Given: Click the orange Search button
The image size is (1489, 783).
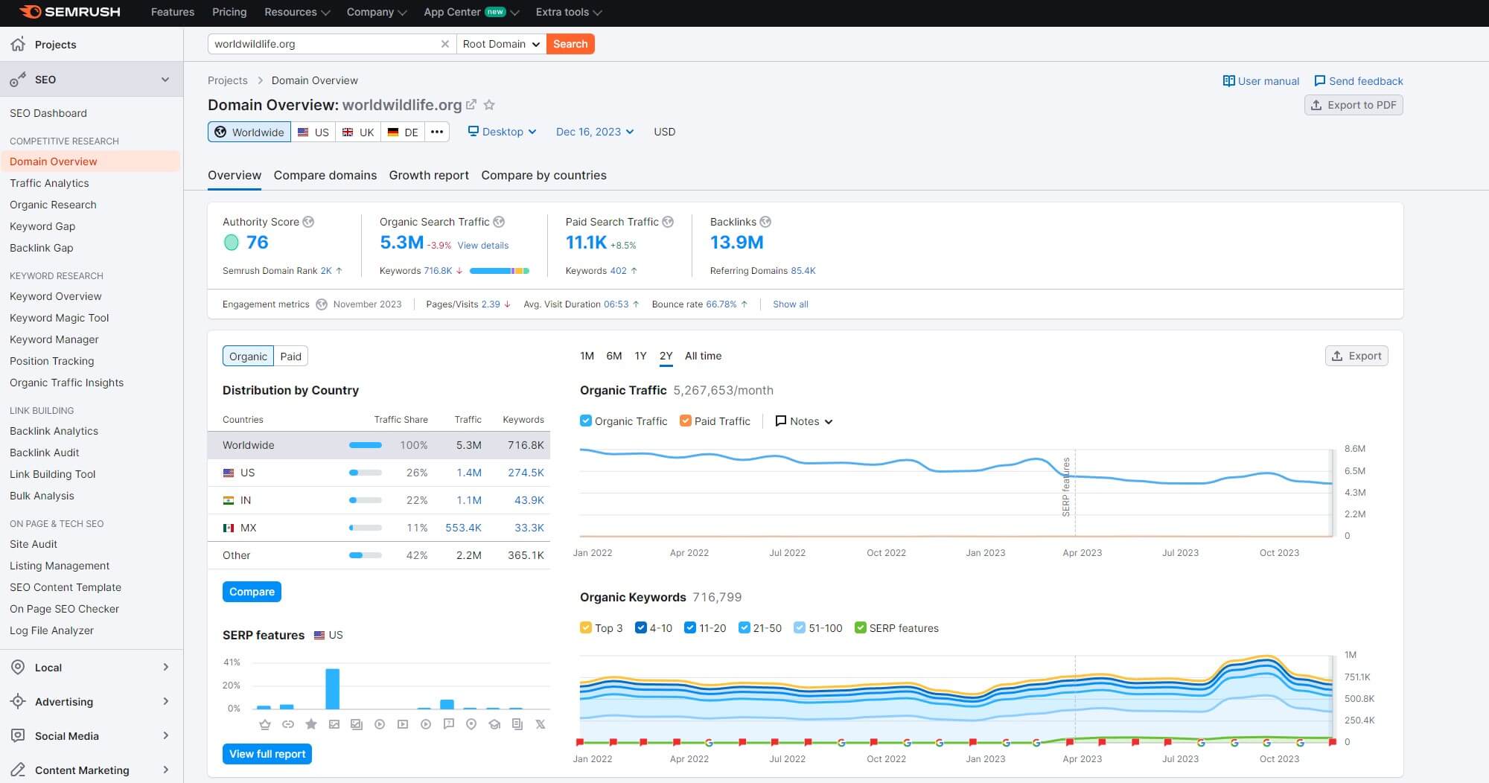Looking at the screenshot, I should tap(570, 44).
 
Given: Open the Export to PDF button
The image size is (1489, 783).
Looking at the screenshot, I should tap(1354, 105).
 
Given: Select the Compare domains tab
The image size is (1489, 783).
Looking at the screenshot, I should tap(325, 175).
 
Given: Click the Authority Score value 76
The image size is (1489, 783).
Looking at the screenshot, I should tap(257, 242).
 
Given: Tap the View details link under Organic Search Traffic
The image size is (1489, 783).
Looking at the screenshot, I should tap(482, 245).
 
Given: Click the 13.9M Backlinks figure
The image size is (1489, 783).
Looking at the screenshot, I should tap(736, 242).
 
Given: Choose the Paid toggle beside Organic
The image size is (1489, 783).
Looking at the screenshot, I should tap(290, 357).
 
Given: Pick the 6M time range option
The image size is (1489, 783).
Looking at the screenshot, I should tap(613, 356).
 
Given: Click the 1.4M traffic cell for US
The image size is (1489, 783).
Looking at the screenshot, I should tap(469, 473).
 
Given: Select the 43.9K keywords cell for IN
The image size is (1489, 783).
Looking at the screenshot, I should tap(529, 500).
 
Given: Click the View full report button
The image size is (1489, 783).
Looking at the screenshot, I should tap(267, 754).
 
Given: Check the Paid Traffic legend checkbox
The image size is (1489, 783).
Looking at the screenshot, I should tap(686, 421).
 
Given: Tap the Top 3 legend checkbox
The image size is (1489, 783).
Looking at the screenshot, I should tap(586, 628).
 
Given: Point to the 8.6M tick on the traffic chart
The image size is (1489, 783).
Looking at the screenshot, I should tap(1354, 449).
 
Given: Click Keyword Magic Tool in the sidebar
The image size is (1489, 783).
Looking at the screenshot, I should tap(59, 318).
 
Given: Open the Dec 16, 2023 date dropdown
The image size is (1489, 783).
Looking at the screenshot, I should tap(594, 132).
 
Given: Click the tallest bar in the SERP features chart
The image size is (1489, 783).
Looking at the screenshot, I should tap(333, 688).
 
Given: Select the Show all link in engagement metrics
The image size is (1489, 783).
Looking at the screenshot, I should tap(790, 304).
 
